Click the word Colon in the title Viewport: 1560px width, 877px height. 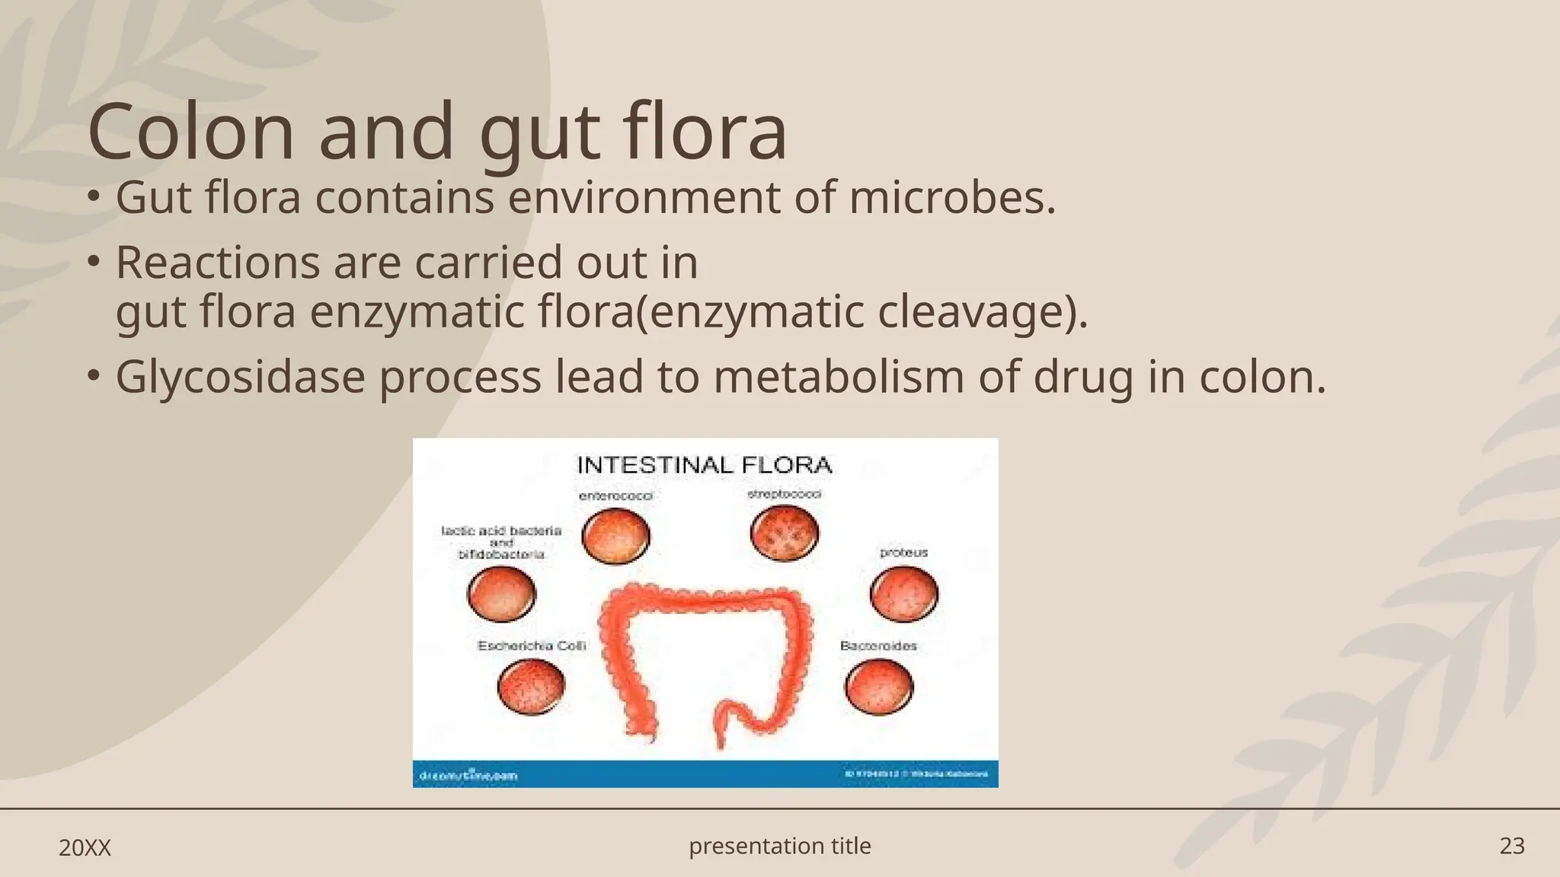tap(191, 132)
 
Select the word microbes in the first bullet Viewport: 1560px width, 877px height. tap(952, 198)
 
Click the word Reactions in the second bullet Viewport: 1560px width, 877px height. tap(218, 263)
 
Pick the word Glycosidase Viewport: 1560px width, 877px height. tap(240, 377)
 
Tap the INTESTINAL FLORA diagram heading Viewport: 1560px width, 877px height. tap(704, 465)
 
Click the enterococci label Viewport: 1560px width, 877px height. tap(615, 496)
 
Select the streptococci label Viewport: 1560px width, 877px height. tap(784, 495)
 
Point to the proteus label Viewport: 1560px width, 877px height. tap(903, 553)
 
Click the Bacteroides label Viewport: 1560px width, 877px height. tap(878, 646)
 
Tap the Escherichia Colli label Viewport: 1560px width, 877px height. tap(532, 646)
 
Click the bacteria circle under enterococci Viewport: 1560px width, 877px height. tap(615, 536)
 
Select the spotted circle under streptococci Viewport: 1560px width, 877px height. tap(784, 533)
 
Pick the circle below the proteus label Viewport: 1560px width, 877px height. tap(903, 594)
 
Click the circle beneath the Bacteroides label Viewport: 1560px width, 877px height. tap(879, 687)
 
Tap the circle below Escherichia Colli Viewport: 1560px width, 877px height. tap(531, 687)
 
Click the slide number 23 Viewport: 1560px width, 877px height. tap(1512, 847)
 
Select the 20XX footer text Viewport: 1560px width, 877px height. tap(85, 848)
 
